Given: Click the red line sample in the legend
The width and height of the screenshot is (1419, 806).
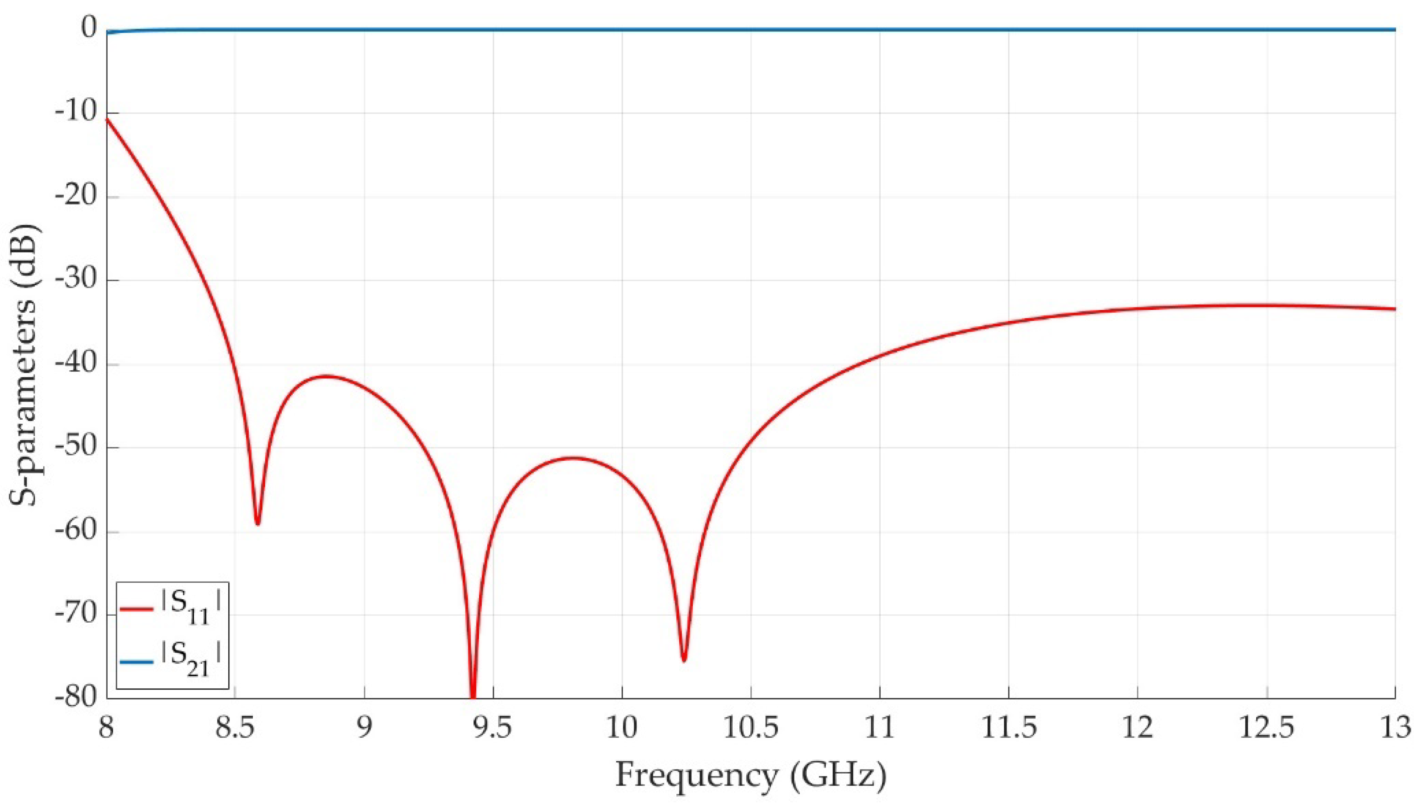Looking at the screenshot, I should pos(136,610).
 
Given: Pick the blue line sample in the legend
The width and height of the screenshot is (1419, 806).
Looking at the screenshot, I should pos(136,661).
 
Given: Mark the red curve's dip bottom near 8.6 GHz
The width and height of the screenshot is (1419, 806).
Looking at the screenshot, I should pos(257,523).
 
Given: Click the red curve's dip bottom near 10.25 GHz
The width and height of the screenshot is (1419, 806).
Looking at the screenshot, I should pos(684,660).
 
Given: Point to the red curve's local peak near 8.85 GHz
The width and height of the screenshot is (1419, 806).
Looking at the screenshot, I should pos(326,376).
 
